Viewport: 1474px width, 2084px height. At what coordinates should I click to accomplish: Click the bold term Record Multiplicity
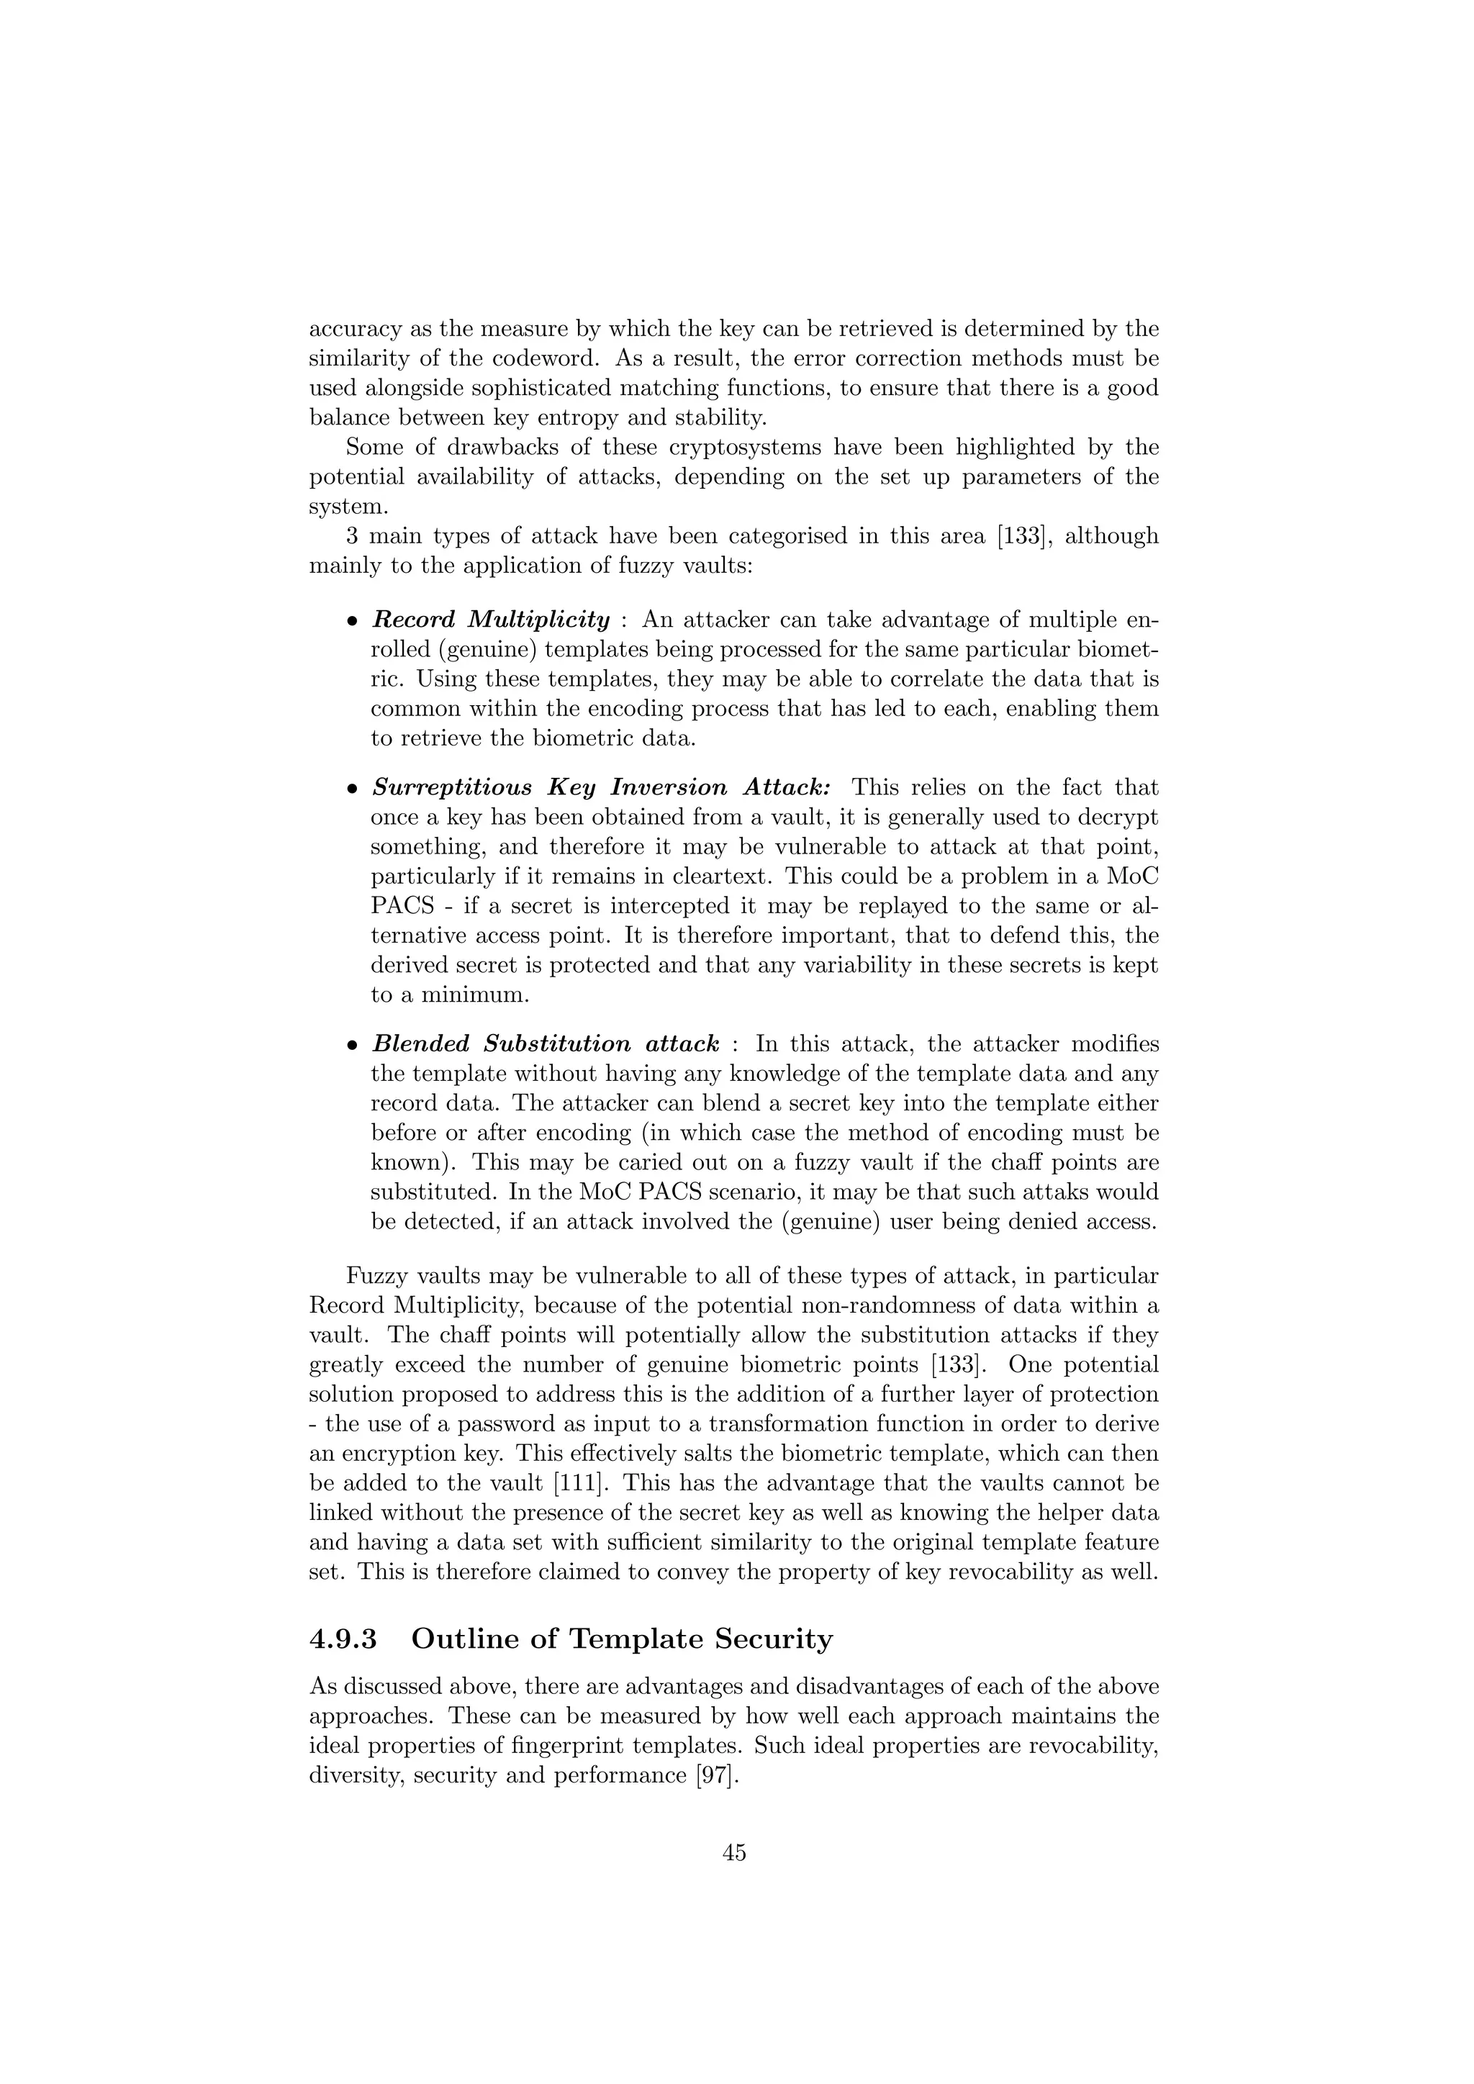coord(491,620)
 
